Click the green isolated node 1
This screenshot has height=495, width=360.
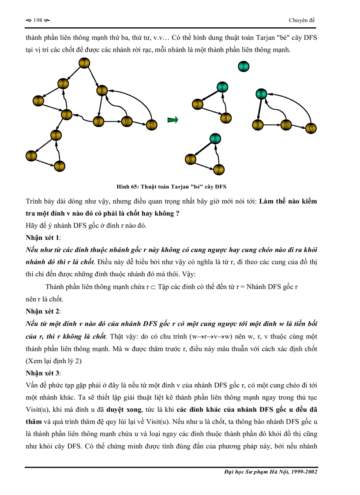[x=243, y=67]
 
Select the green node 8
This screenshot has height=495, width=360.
[x=261, y=93]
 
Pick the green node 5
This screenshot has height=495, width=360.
[x=214, y=139]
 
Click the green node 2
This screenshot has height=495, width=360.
[x=223, y=87]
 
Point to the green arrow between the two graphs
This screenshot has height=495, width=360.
[x=173, y=119]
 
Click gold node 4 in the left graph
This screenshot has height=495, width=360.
[x=66, y=115]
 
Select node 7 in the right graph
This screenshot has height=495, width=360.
[x=218, y=169]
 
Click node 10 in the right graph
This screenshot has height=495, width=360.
[x=286, y=125]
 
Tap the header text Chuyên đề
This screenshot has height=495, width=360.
[x=302, y=20]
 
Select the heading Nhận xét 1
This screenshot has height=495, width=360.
[x=43, y=238]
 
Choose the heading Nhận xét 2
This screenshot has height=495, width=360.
[x=43, y=312]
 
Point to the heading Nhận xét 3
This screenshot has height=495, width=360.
[x=43, y=373]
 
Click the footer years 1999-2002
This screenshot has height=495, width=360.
[x=303, y=472]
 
